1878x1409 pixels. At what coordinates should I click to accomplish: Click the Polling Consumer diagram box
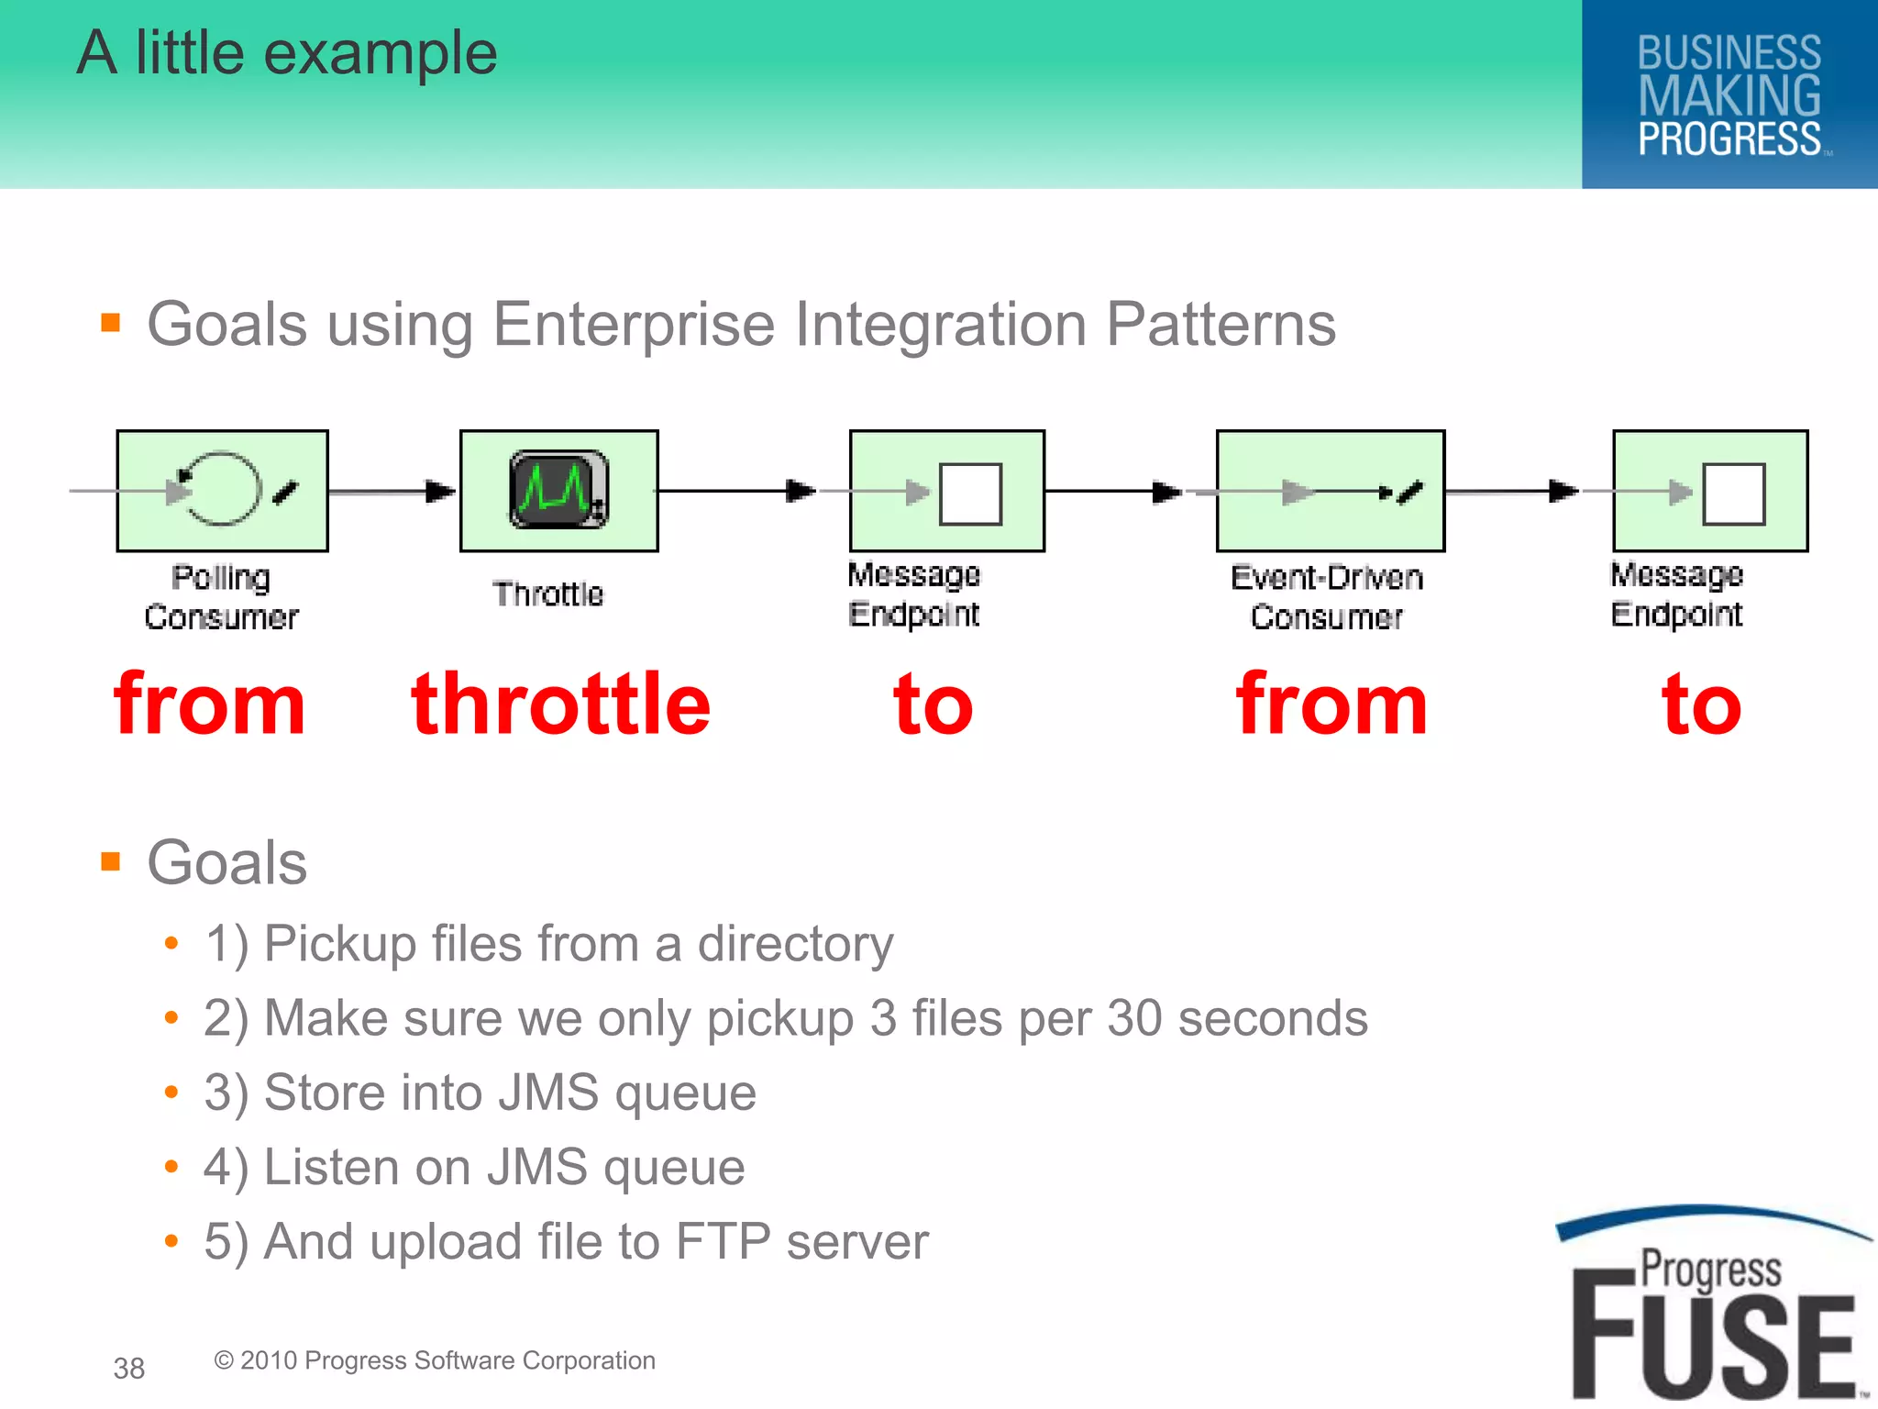(x=222, y=491)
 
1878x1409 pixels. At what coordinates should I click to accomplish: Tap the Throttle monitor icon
(x=558, y=490)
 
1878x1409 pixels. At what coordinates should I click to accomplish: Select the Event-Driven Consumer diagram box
(x=1330, y=491)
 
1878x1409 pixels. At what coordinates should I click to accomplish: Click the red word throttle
(x=560, y=704)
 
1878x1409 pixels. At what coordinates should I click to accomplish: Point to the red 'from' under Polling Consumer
(x=209, y=704)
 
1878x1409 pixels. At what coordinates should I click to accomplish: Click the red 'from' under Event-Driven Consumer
(x=1331, y=704)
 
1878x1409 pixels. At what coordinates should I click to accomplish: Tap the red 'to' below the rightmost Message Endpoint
(x=1701, y=704)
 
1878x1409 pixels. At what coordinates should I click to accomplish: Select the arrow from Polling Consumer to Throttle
(x=392, y=492)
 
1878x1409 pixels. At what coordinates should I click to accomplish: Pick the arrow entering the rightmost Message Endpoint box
(x=1513, y=492)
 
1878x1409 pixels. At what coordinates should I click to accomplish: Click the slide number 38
(x=129, y=1369)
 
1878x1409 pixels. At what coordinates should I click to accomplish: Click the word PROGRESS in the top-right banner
(x=1729, y=139)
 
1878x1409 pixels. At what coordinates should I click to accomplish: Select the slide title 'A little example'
(x=287, y=53)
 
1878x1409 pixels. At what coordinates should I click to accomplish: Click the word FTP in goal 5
(x=723, y=1242)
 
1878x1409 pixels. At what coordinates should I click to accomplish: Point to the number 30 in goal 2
(x=1135, y=1018)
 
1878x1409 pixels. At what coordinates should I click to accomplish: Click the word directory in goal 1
(x=795, y=944)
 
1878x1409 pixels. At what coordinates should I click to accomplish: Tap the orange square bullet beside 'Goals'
(x=111, y=861)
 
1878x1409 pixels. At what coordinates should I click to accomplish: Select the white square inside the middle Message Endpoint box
(x=970, y=494)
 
